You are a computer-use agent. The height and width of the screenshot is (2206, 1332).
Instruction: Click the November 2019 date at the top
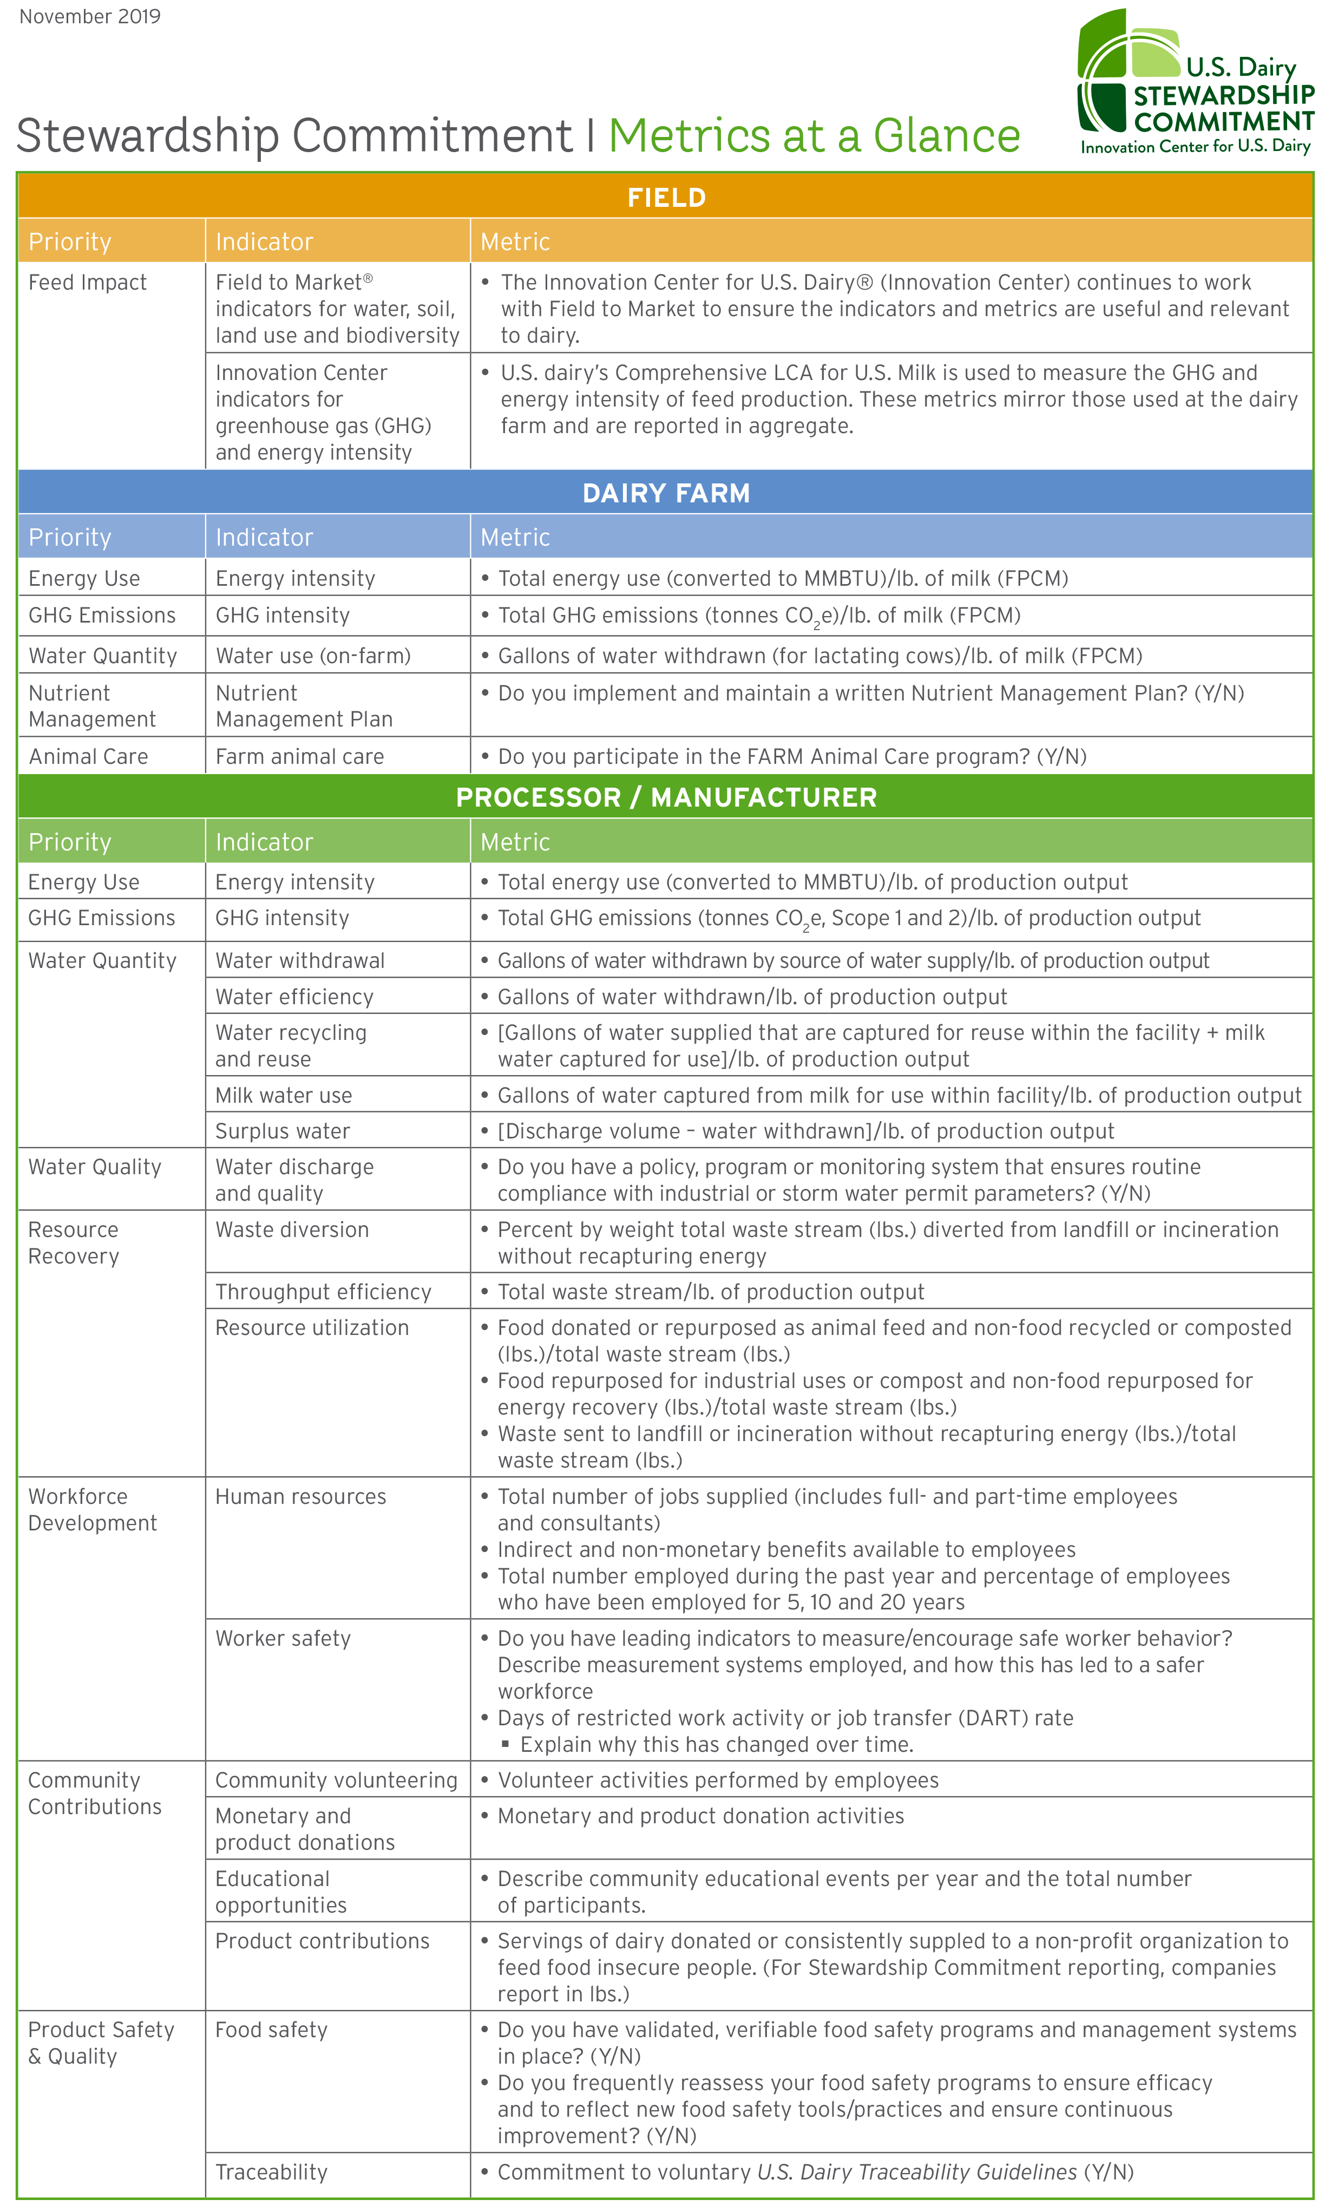click(x=89, y=17)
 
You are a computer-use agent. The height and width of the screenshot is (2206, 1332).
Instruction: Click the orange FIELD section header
click(x=666, y=197)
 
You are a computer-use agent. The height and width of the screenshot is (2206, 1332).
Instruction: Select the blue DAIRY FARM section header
click(x=666, y=493)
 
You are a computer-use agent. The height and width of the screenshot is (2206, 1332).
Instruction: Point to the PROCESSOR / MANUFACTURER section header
click(x=666, y=797)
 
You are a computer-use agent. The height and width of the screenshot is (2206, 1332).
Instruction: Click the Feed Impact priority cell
click(x=88, y=283)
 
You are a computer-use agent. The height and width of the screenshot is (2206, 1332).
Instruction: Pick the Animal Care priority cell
click(x=89, y=756)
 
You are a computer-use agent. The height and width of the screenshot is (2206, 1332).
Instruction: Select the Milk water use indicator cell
click(x=284, y=1095)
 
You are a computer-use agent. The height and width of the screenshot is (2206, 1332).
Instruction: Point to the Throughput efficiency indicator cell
click(x=323, y=1292)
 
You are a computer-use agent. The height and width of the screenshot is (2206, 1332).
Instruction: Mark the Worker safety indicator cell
click(x=283, y=1638)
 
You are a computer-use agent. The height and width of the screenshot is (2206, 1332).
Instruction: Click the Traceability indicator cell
click(x=271, y=2172)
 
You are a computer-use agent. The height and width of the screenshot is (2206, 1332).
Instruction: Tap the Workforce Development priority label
click(x=92, y=1509)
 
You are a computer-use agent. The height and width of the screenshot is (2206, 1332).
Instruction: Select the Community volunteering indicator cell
click(x=336, y=1780)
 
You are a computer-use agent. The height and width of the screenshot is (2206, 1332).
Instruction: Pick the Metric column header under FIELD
click(x=515, y=242)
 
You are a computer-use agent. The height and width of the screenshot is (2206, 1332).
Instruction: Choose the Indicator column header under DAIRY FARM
click(x=264, y=537)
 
